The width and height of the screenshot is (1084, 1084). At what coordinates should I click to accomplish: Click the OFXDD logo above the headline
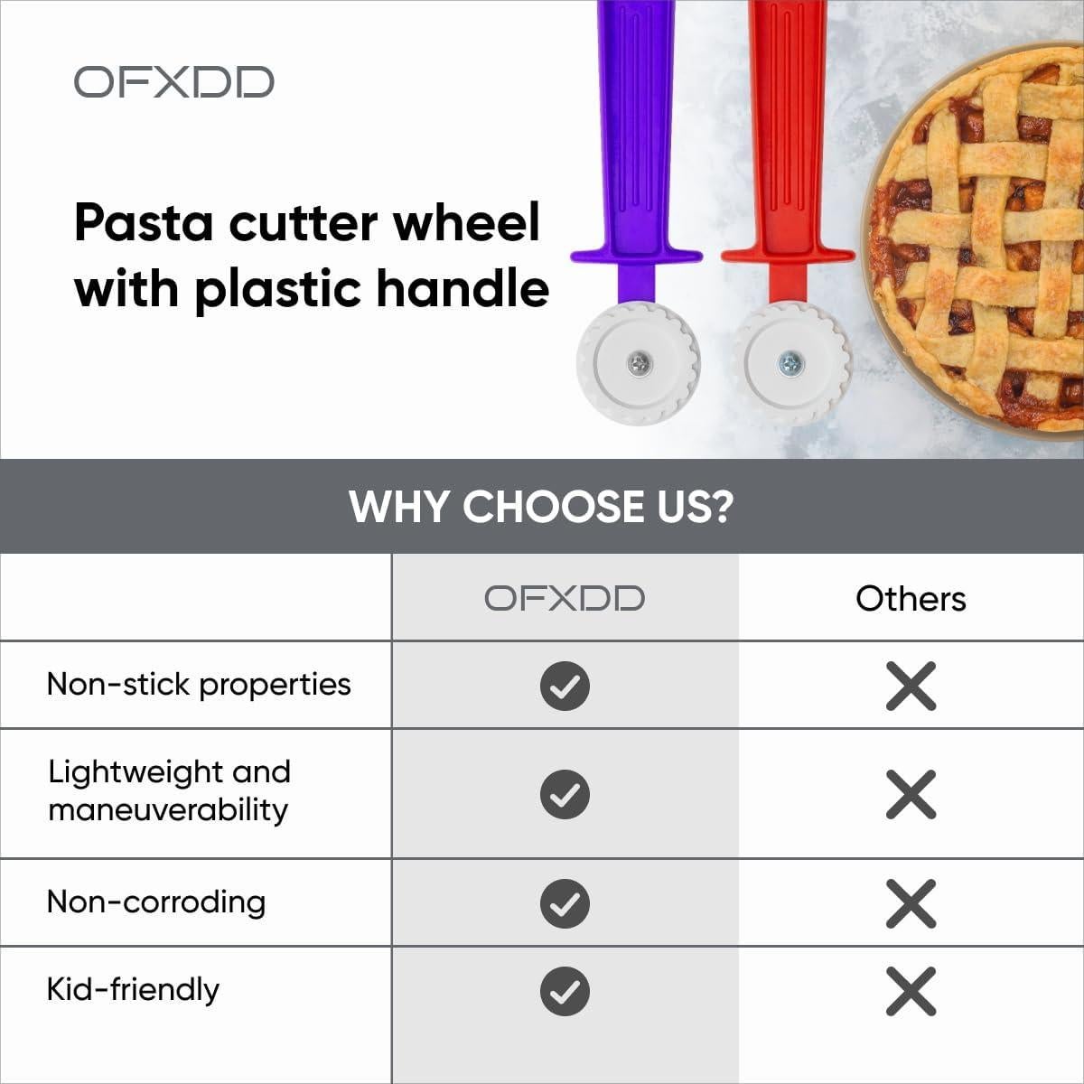[173, 82]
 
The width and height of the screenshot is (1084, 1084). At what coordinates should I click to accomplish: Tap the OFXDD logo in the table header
[565, 598]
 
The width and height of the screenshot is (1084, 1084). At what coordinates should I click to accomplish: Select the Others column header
[911, 599]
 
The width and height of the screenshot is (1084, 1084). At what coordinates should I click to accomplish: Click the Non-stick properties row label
[199, 686]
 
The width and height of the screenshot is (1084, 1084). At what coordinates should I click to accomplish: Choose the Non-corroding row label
[156, 902]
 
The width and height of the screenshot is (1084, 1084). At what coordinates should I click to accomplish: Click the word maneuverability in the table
[168, 810]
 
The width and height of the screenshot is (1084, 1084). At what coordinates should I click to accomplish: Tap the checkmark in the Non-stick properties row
[565, 687]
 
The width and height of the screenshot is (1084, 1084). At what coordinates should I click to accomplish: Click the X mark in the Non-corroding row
[911, 903]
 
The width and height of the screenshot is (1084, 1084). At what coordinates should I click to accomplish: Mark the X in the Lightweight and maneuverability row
[911, 794]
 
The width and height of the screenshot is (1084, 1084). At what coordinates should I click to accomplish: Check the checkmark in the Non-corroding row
[565, 903]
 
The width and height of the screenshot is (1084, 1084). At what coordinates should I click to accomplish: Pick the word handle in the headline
[463, 288]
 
